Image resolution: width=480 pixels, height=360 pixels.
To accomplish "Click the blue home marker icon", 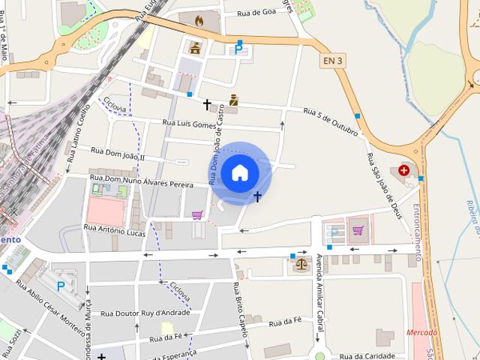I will click(240, 172).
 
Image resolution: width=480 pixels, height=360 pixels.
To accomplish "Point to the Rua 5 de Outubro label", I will click(331, 121).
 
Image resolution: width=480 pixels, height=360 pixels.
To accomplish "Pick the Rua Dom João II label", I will click(118, 154).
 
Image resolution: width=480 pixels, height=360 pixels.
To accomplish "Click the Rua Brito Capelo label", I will click(239, 308).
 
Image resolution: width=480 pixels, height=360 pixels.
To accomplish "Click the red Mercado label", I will click(421, 332).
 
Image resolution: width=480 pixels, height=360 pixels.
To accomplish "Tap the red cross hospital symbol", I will click(405, 170).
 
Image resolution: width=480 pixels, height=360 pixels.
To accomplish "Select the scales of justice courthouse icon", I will click(301, 262).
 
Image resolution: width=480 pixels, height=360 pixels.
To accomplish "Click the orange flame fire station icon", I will click(199, 22).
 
